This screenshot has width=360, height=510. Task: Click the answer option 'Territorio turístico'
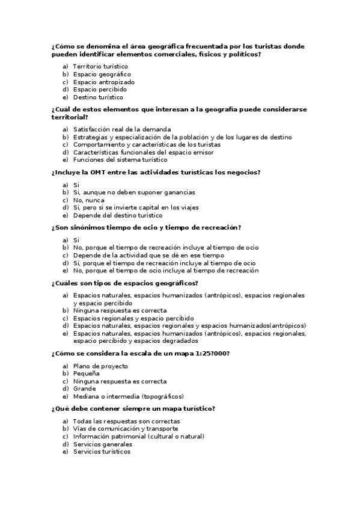(100, 66)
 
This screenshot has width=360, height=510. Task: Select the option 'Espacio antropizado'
(103, 82)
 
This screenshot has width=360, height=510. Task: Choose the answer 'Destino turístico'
(98, 97)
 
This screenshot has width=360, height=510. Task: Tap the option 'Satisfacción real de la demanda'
(122, 129)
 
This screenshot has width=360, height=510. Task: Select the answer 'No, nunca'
(88, 200)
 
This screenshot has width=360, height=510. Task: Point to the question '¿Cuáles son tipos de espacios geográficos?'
(125, 283)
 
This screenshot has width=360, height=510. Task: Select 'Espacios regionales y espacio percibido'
(133, 318)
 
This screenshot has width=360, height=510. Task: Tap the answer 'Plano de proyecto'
(100, 366)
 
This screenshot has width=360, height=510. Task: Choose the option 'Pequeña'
(87, 373)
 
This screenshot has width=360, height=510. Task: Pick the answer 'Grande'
(84, 389)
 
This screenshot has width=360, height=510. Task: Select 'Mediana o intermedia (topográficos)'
(128, 396)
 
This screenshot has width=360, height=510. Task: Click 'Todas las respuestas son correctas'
(126, 422)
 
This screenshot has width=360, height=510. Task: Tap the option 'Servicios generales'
(103, 444)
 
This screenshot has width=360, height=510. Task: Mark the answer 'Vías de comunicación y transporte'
(126, 429)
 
